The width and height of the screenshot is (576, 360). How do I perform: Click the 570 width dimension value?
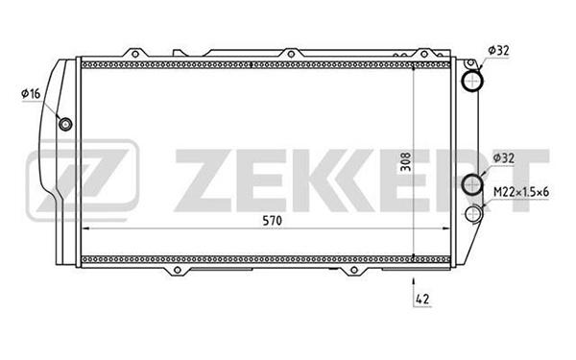point(272,221)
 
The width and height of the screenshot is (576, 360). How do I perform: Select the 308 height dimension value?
point(405,162)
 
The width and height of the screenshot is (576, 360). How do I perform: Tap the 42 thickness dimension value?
point(422,299)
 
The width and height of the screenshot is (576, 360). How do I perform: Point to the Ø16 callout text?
point(31,94)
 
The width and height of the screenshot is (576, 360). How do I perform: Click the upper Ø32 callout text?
point(499,50)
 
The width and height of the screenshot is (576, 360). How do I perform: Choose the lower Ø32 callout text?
point(504,158)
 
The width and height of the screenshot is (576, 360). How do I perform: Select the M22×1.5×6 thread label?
point(521,192)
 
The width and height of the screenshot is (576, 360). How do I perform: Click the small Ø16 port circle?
point(65,124)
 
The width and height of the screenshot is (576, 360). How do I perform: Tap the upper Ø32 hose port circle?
point(471,81)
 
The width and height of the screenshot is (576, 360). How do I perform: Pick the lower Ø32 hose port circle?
point(471,184)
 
